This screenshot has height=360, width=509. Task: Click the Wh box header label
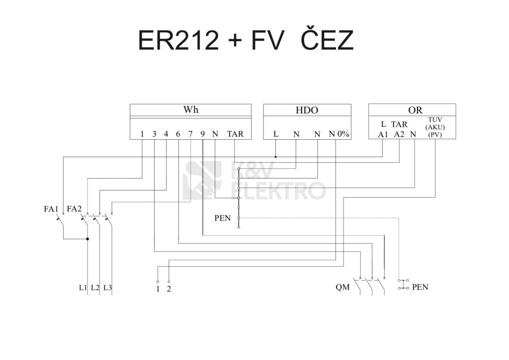click(190, 110)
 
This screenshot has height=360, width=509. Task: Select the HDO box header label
click(307, 110)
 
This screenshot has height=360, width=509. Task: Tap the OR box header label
click(412, 110)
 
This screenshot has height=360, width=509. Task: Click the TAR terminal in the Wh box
click(235, 134)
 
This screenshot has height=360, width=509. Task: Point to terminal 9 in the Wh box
click(203, 134)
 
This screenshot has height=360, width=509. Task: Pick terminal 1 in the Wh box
click(142, 134)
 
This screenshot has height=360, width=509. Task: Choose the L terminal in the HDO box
click(276, 134)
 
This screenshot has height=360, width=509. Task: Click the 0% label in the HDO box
click(343, 134)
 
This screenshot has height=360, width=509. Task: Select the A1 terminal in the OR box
click(383, 134)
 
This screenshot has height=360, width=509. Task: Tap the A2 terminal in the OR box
click(399, 134)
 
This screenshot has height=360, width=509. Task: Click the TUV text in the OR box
click(435, 120)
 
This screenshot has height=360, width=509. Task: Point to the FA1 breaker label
click(51, 209)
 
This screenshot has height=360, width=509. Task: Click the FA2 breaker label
click(74, 209)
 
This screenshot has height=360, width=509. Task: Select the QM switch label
click(342, 287)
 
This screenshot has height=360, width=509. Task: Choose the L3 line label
click(108, 287)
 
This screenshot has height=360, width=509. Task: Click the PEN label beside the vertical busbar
click(222, 218)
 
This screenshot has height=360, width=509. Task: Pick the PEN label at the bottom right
click(420, 287)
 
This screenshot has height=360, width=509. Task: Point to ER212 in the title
click(178, 41)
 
